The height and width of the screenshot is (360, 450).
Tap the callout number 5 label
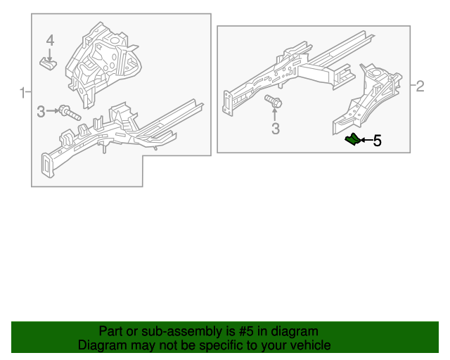pyautogui.click(x=377, y=141)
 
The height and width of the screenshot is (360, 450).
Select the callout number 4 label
pyautogui.click(x=50, y=39)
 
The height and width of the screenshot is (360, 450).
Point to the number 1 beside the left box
pyautogui.click(x=22, y=92)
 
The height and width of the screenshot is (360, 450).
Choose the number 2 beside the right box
pyautogui.click(x=420, y=86)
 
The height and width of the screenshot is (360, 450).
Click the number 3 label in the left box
pyautogui.click(x=41, y=111)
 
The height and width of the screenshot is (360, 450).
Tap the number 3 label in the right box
pyautogui.click(x=276, y=129)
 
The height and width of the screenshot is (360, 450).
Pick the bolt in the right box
pyautogui.click(x=274, y=102)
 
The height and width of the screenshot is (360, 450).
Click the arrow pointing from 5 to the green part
pyautogui.click(x=366, y=141)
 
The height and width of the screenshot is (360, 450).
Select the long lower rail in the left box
pyautogui.click(x=120, y=134)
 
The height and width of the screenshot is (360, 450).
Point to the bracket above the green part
pyautogui.click(x=369, y=98)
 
